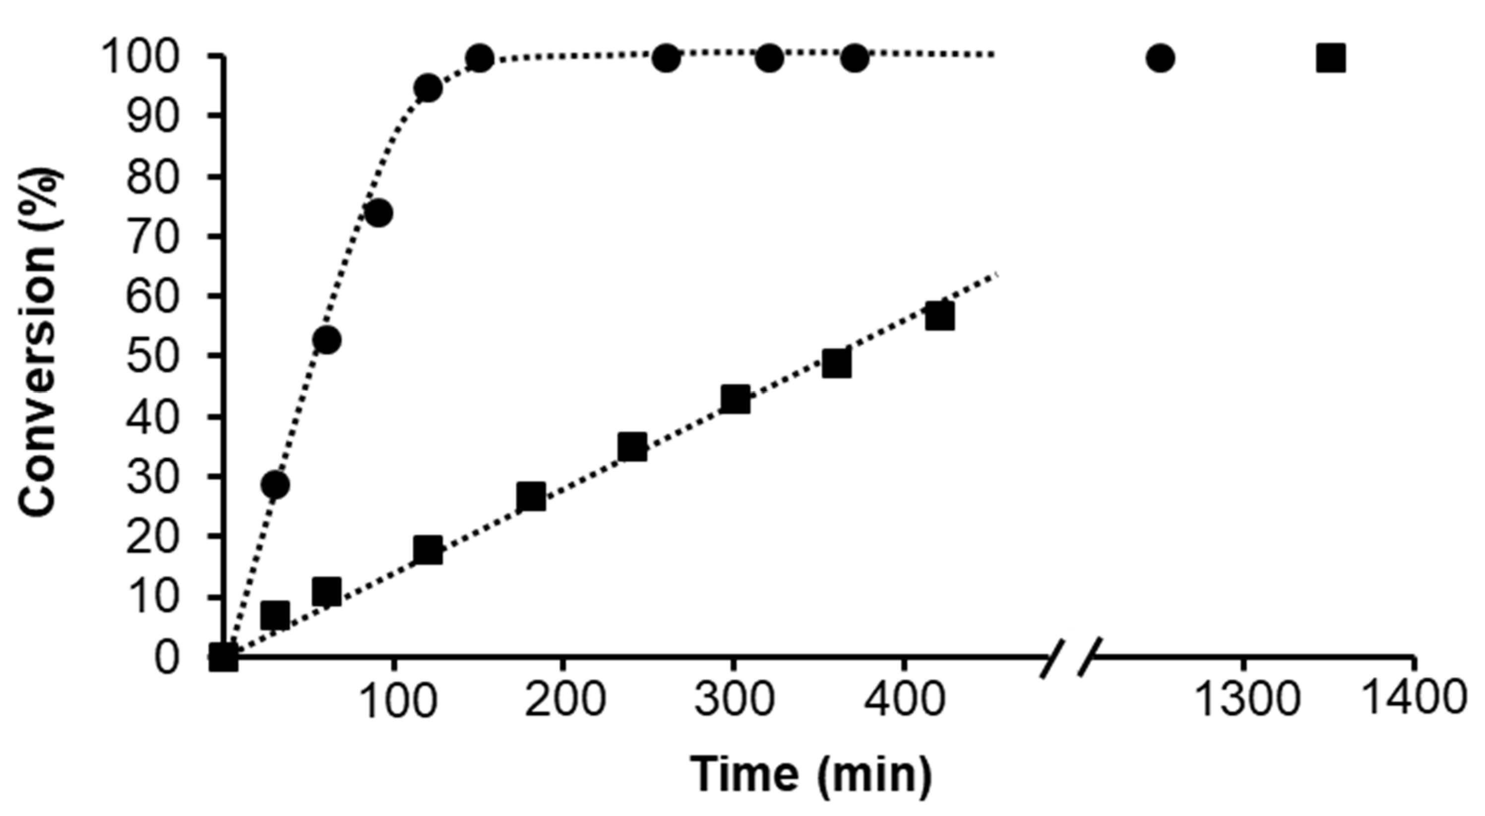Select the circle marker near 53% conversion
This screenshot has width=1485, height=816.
[327, 340]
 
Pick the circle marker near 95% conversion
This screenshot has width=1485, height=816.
[428, 88]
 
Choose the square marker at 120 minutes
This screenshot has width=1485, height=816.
[428, 550]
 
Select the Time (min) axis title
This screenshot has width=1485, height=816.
[812, 775]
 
